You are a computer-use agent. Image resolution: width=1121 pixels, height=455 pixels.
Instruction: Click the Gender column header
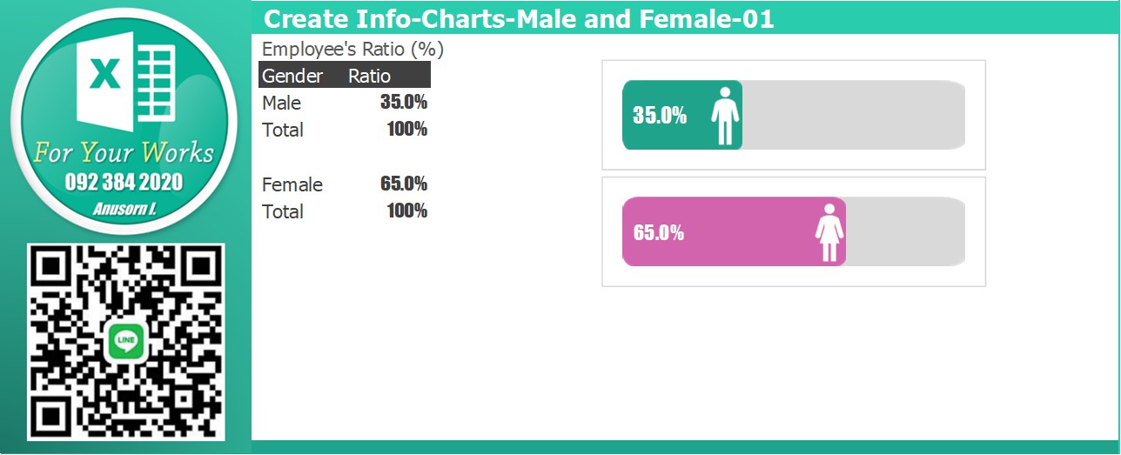coord(292,76)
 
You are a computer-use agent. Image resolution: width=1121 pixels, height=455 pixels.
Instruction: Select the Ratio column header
coord(369,76)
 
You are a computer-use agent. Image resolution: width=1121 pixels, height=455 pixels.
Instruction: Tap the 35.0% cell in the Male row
coord(403,102)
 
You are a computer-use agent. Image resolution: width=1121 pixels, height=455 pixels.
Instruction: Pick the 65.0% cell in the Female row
coord(403,184)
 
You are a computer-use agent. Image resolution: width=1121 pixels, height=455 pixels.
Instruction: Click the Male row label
coord(281,103)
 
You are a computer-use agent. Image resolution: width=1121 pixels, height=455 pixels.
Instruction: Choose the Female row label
coord(292,185)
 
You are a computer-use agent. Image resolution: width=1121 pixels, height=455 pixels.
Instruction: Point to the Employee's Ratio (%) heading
coord(352,49)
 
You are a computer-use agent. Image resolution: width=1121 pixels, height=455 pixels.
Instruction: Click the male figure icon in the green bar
coord(725,116)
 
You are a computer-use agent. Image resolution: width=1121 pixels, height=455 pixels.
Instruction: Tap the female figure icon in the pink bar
coord(829,232)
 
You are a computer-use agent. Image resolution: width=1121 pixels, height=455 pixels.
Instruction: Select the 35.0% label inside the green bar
coord(660,116)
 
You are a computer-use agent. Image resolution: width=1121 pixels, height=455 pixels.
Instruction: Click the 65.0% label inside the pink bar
coord(659,232)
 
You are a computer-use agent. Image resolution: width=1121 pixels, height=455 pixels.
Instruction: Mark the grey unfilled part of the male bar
coord(854,115)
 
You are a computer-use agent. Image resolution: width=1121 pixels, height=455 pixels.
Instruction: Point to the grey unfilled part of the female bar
coord(906,231)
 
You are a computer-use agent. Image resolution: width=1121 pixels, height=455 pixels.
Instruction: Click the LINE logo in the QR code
coord(125,342)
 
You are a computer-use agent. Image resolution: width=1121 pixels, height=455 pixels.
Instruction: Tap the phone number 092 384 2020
coord(124,182)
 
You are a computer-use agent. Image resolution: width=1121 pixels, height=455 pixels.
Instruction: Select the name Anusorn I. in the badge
coord(124,209)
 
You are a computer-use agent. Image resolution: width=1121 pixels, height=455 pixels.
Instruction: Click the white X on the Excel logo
coord(104,73)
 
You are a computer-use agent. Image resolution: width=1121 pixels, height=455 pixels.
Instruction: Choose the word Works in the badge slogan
coord(178,152)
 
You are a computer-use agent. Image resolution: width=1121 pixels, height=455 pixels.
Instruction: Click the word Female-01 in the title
coord(707,18)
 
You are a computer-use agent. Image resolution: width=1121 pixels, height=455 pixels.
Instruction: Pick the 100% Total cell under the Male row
coord(406,129)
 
